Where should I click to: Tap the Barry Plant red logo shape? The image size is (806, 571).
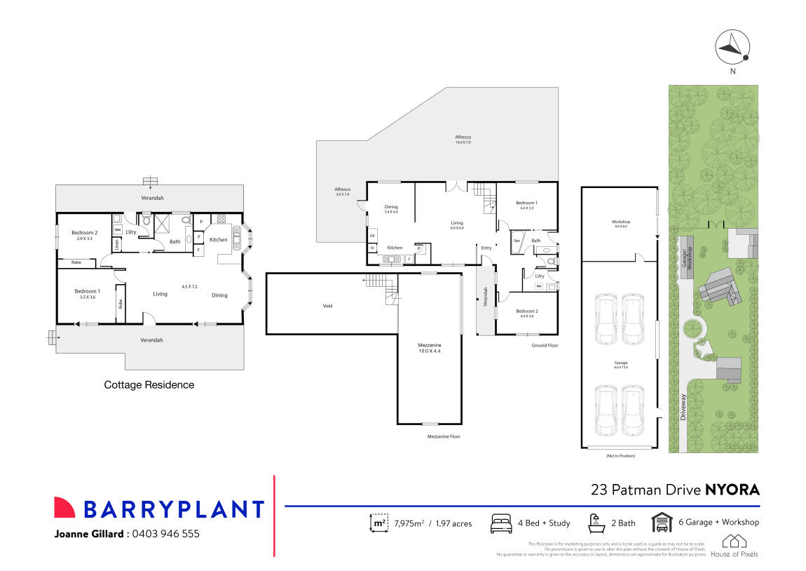point(64,508)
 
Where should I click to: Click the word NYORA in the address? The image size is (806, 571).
point(732,490)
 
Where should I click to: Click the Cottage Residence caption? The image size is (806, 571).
point(149,384)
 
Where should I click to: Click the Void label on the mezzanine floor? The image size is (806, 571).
point(327,306)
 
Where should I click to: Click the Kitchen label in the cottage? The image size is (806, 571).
point(219,240)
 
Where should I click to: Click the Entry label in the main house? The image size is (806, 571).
point(486,248)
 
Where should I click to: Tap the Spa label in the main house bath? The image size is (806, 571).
point(517,241)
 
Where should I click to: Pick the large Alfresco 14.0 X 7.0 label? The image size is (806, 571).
point(463,139)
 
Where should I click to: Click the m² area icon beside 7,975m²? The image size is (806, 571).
point(378,523)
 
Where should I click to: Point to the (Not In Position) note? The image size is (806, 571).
point(620,456)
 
